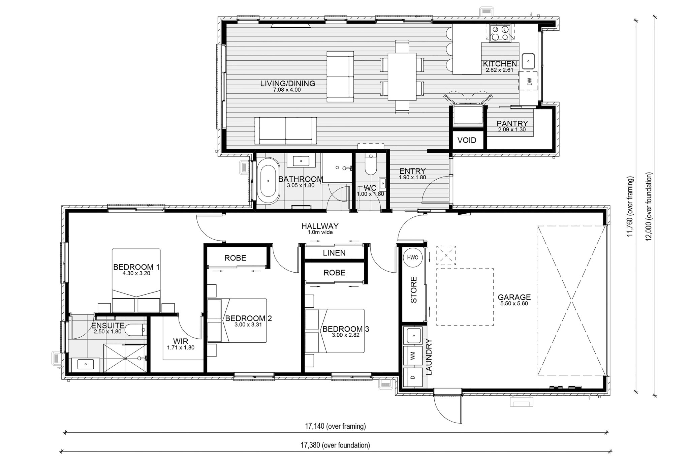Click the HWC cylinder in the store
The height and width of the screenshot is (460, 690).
[x=413, y=257]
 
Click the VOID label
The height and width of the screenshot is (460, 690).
[x=467, y=140]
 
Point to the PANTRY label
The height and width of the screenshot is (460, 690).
[x=512, y=124]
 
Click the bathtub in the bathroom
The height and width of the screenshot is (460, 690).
[x=269, y=181]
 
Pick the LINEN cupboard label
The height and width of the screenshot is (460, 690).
[x=334, y=253]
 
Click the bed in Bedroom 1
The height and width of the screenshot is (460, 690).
[x=136, y=280]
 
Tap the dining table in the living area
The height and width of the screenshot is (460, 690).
[x=402, y=76]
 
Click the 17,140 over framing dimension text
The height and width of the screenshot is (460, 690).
[x=336, y=426]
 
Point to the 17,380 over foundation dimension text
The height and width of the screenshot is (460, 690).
[x=336, y=445]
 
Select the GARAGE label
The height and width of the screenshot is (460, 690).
[x=514, y=297]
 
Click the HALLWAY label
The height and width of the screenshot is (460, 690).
[x=320, y=226]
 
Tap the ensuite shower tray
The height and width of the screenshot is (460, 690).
[x=125, y=358]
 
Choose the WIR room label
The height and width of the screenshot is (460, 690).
[x=181, y=342]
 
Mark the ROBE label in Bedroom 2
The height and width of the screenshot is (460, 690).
[x=236, y=258]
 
